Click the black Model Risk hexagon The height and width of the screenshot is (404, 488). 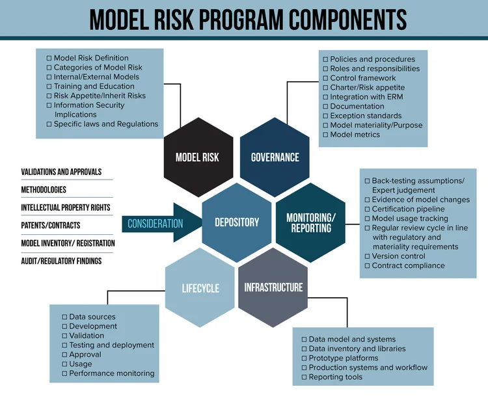click(x=197, y=157)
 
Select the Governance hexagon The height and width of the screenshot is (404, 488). click(x=275, y=157)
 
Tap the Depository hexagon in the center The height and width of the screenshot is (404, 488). click(x=237, y=222)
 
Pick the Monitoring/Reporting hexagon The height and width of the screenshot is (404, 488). click(x=312, y=222)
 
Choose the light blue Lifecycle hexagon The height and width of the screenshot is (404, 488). click(x=200, y=288)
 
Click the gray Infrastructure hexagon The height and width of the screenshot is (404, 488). click(x=273, y=287)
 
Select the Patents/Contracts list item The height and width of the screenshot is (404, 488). click(x=51, y=225)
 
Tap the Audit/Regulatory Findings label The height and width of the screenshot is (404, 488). click(x=61, y=261)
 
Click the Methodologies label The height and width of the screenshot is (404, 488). click(x=44, y=190)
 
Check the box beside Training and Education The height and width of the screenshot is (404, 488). click(x=49, y=86)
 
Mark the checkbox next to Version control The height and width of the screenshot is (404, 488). click(x=367, y=256)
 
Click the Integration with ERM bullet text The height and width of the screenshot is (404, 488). click(x=362, y=97)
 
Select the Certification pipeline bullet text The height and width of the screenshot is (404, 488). click(x=408, y=209)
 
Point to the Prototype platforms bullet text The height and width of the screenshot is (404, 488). click(x=343, y=358)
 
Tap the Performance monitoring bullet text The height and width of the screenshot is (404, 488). click(x=112, y=373)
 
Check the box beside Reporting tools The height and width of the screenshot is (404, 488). click(x=304, y=377)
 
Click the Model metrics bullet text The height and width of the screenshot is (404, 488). click(x=355, y=135)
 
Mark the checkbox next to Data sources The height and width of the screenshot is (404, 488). click(x=64, y=317)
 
